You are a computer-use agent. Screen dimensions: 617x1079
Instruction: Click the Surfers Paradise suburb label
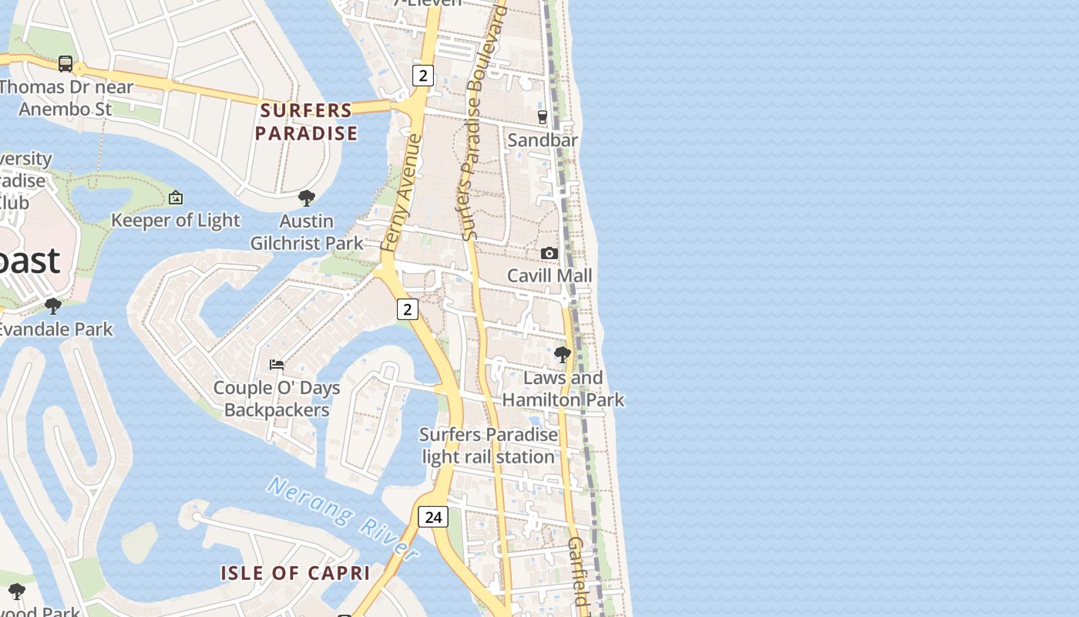tap(307, 122)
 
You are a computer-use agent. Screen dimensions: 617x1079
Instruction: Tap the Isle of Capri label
tap(295, 573)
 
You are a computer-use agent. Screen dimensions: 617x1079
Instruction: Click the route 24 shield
tap(433, 517)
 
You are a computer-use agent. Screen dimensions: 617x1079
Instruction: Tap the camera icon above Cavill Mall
tap(550, 253)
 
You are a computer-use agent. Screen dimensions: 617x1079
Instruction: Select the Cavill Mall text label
tap(550, 275)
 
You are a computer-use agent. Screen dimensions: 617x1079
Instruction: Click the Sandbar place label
tap(543, 140)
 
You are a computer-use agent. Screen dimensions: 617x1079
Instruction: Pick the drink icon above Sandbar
tap(543, 117)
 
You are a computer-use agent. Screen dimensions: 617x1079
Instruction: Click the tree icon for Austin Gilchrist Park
tap(307, 198)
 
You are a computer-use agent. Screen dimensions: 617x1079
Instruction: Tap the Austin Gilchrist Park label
tap(307, 232)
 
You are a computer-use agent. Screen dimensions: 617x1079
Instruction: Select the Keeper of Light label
tap(176, 221)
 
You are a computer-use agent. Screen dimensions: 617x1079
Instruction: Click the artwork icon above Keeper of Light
tap(176, 198)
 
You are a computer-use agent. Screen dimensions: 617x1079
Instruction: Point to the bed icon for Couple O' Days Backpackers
tap(277, 364)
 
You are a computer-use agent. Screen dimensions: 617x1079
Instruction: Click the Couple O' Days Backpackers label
tap(277, 399)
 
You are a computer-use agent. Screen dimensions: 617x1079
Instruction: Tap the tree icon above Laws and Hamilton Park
tap(563, 355)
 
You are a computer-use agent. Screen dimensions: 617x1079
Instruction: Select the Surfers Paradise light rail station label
tap(489, 446)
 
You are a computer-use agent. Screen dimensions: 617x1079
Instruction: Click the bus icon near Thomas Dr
tap(66, 64)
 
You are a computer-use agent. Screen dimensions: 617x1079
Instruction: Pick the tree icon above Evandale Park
tap(53, 306)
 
